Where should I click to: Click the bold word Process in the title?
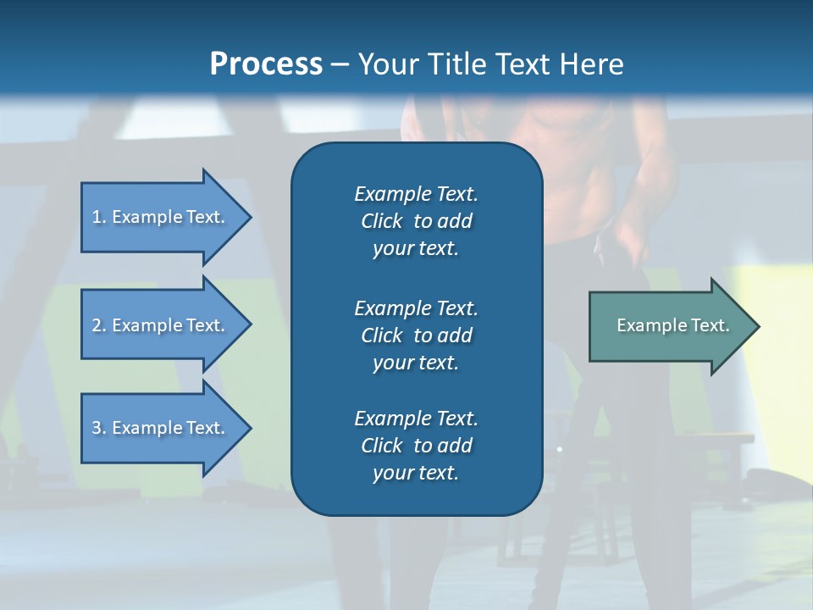pos(266,64)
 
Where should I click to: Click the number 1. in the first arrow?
pos(99,217)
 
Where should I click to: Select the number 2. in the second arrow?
pos(99,325)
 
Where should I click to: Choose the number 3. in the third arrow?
pos(99,428)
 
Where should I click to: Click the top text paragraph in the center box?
pos(416,221)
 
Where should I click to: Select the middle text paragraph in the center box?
pos(416,335)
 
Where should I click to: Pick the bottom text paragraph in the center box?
pos(416,446)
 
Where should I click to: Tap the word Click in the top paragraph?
pos(382,221)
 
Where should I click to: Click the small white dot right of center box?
pos(560,448)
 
